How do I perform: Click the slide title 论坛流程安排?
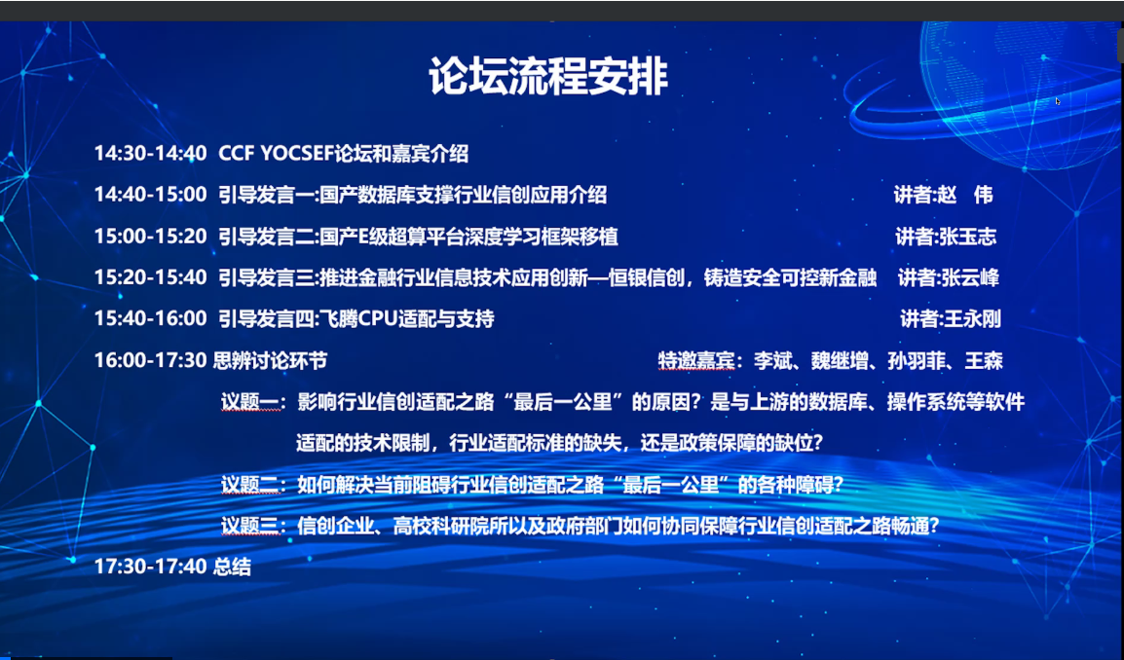(548, 75)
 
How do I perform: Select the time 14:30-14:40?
(151, 154)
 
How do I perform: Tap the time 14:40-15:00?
(151, 194)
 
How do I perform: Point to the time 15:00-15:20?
(151, 236)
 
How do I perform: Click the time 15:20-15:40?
(151, 277)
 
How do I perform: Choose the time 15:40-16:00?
(151, 318)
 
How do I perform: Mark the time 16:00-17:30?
(151, 360)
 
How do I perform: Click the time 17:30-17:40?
(151, 567)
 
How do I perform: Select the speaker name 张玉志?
(967, 237)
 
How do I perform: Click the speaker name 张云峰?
(970, 277)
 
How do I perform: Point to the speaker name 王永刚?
(973, 319)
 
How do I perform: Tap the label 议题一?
(249, 402)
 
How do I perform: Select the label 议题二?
(249, 485)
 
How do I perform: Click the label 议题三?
(249, 526)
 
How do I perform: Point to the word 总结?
(232, 567)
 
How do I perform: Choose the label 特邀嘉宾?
(696, 360)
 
